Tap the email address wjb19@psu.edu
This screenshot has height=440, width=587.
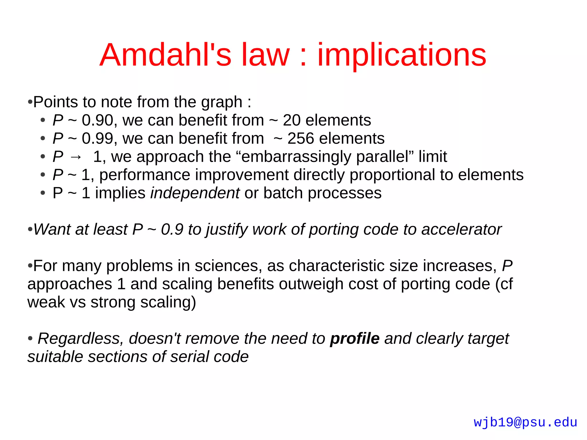[x=525, y=422]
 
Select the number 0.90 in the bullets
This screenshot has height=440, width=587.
[x=97, y=120]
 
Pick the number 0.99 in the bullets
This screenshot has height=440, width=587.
[x=97, y=138]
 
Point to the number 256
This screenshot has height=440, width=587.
[x=301, y=138]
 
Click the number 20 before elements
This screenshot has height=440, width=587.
[x=291, y=120]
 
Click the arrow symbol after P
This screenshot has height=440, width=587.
[x=76, y=157]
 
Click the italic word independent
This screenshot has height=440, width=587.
[x=195, y=193]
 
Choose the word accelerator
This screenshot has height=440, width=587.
[x=461, y=229]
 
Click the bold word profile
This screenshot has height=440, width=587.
[x=355, y=339]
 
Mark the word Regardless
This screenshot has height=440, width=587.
[x=81, y=339]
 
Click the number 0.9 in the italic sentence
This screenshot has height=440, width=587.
[x=172, y=229]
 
